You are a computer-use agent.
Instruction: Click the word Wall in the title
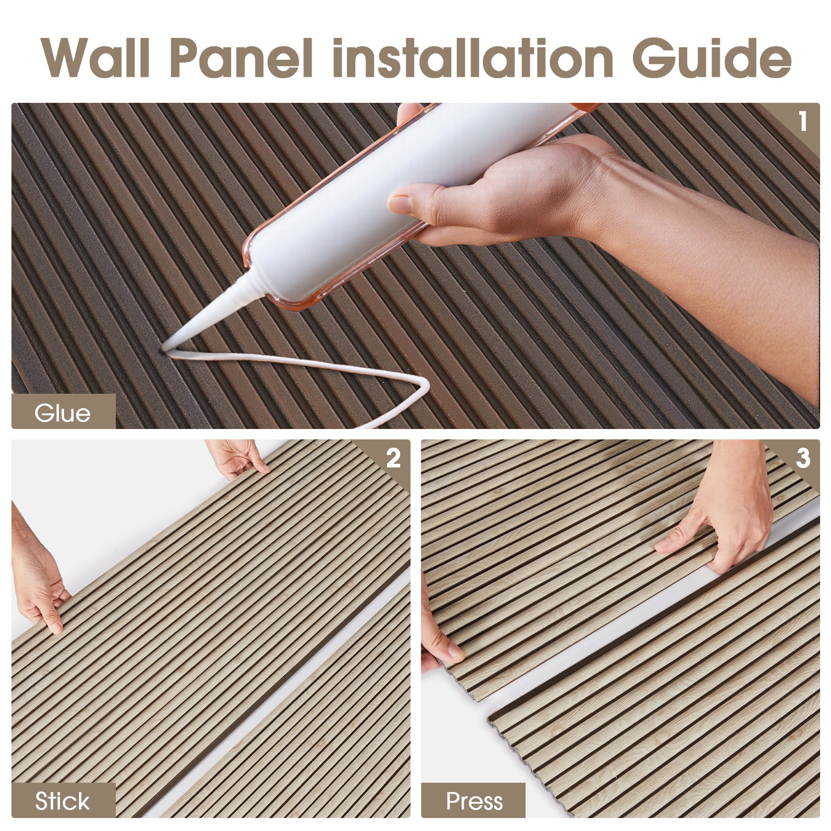coord(97,58)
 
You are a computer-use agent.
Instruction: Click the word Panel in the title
coord(241,58)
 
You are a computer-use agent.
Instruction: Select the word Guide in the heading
coord(712,58)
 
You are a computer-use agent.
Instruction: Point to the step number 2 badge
coord(393,458)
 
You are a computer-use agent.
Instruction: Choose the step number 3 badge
coord(802,458)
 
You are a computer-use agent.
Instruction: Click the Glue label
coord(62,413)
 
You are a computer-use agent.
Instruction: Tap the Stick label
coord(62,800)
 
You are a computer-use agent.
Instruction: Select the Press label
coord(474,800)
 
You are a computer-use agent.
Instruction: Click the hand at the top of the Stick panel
coord(236,457)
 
